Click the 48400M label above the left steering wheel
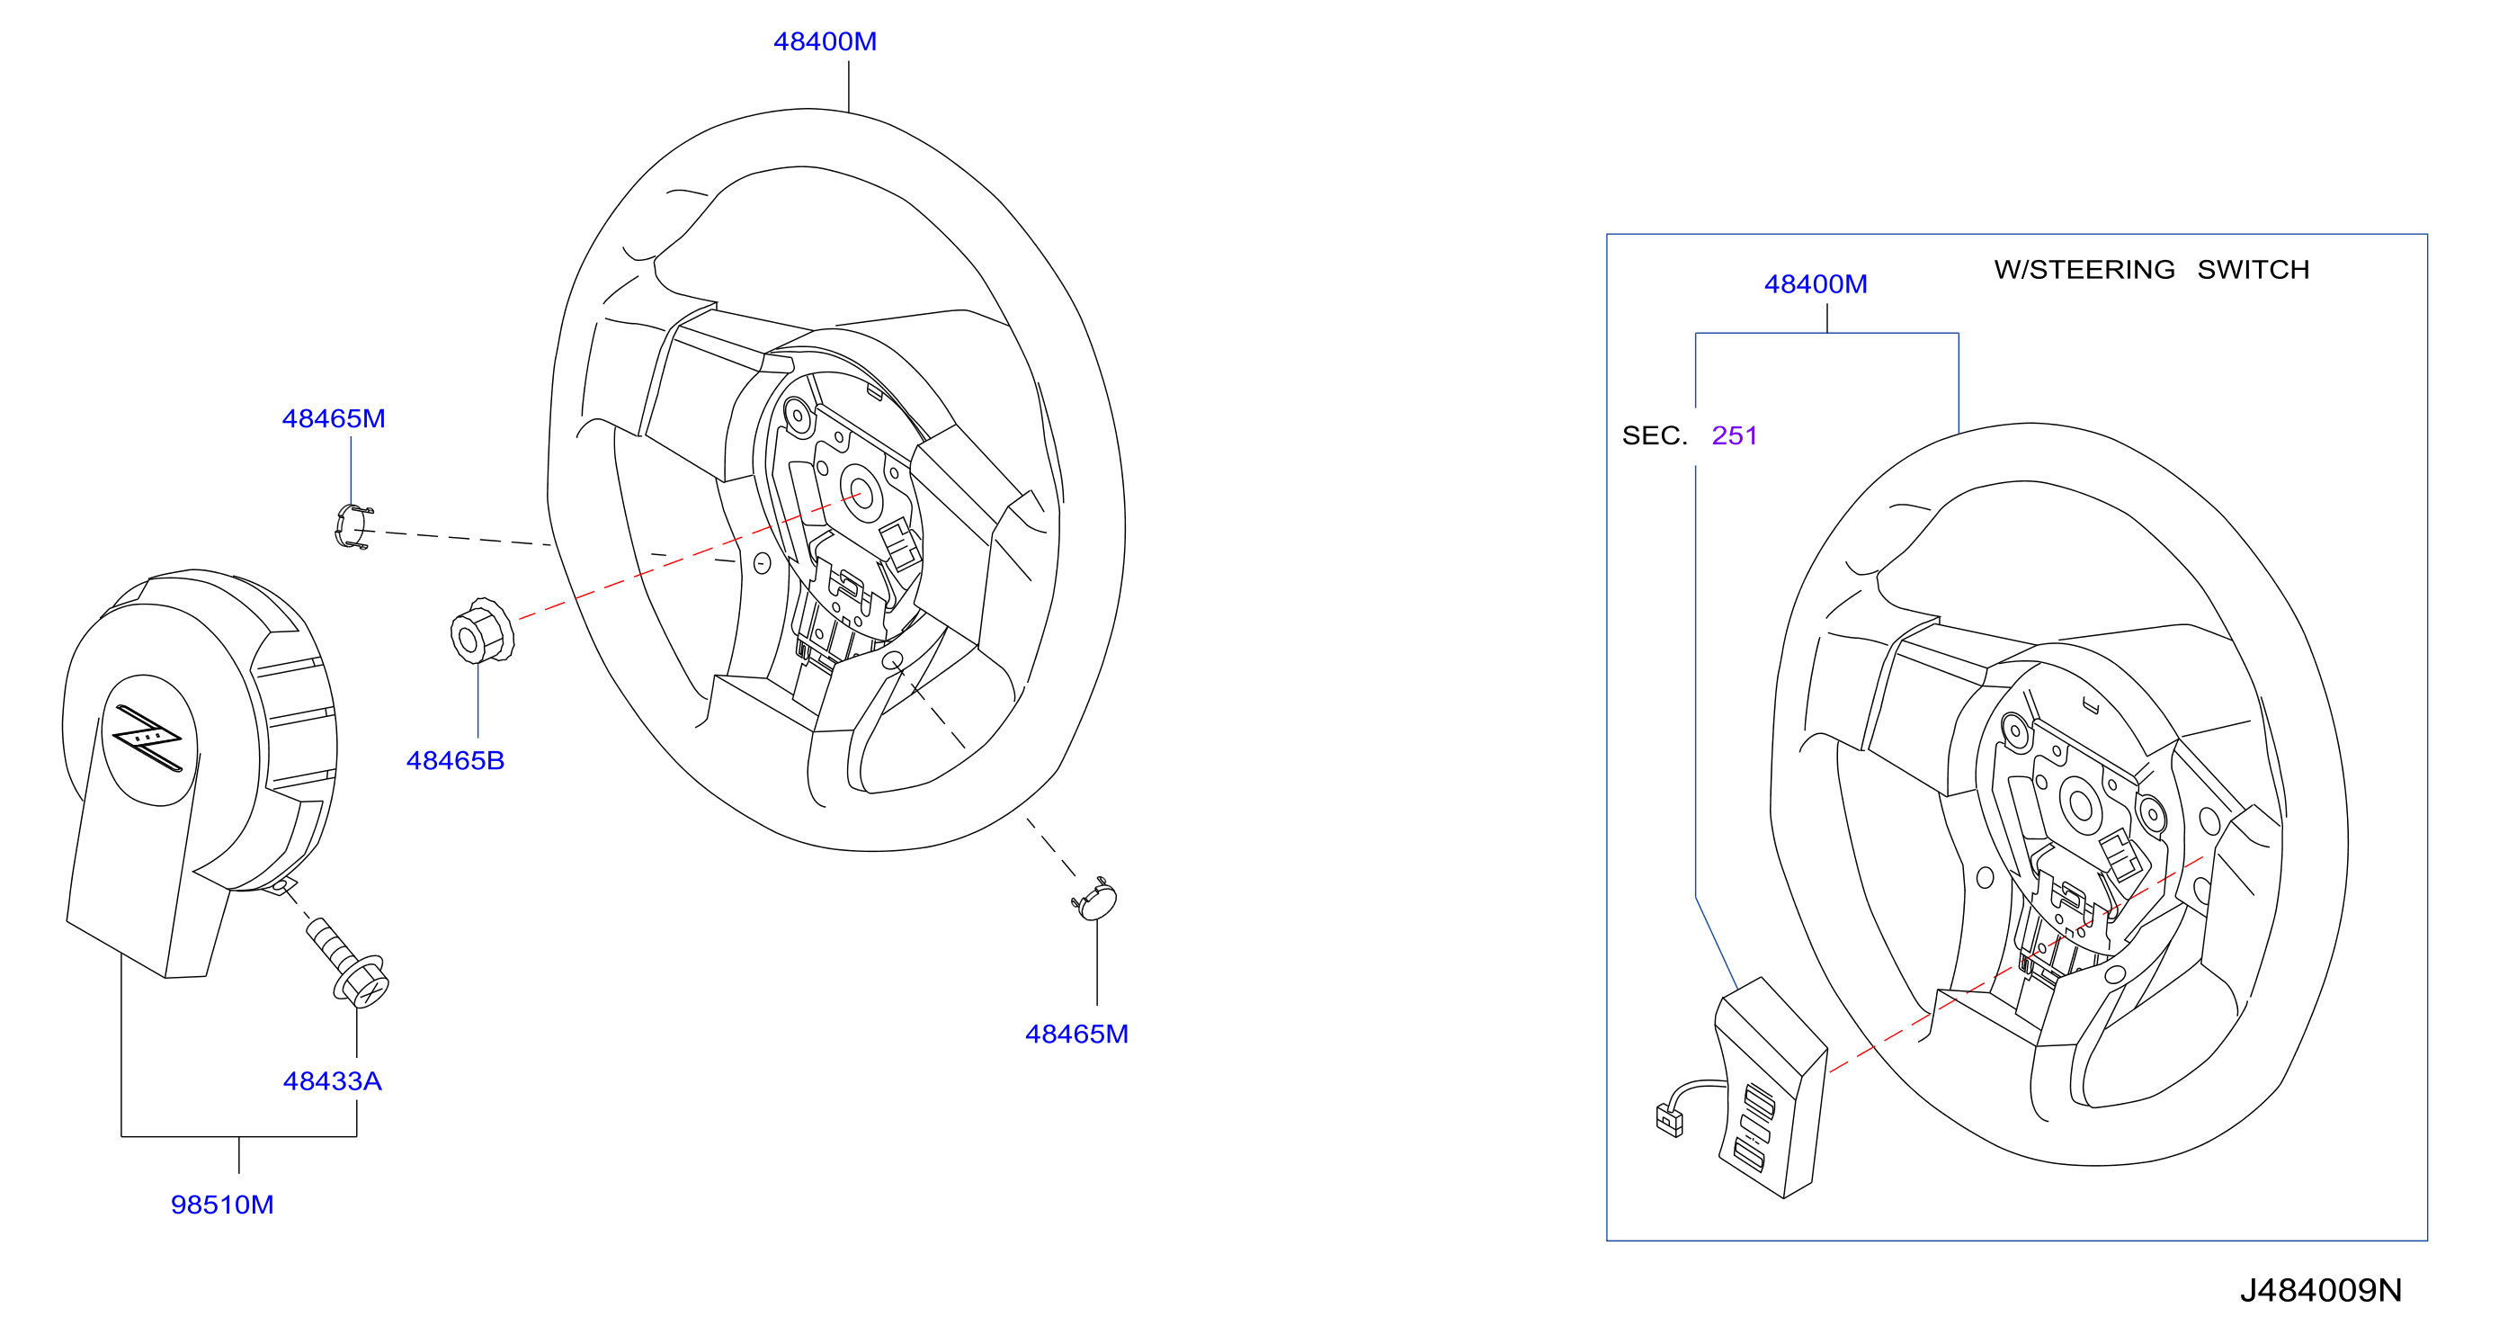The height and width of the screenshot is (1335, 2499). [x=825, y=41]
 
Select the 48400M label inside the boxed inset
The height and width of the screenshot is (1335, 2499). [x=1815, y=284]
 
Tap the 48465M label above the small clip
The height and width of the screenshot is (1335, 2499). [x=334, y=418]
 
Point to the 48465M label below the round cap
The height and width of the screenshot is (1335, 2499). [x=1076, y=1035]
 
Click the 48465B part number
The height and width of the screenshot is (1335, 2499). [x=455, y=761]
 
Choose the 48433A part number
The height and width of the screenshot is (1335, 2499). [x=332, y=1080]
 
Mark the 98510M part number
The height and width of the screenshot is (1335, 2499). [x=222, y=1205]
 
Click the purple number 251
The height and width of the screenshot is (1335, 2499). [x=1735, y=435]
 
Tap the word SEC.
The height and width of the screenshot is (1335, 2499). [x=1654, y=435]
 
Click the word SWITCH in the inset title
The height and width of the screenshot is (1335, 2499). [x=2253, y=270]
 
